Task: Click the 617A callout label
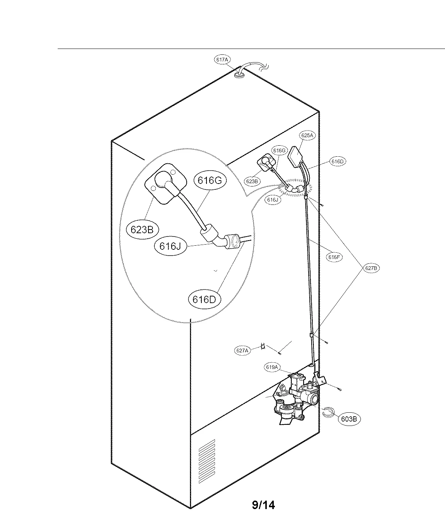pos(222,59)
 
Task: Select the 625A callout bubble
pos(307,135)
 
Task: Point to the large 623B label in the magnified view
pos(142,230)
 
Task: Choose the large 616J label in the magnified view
pos(170,246)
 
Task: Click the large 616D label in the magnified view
pos(204,299)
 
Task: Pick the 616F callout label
pos(334,257)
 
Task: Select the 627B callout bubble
pos(371,268)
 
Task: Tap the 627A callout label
pos(242,351)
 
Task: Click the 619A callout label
pos(272,367)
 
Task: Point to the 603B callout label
pos(349,419)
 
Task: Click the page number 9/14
pos(263,505)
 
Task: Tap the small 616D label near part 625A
pos(337,161)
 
